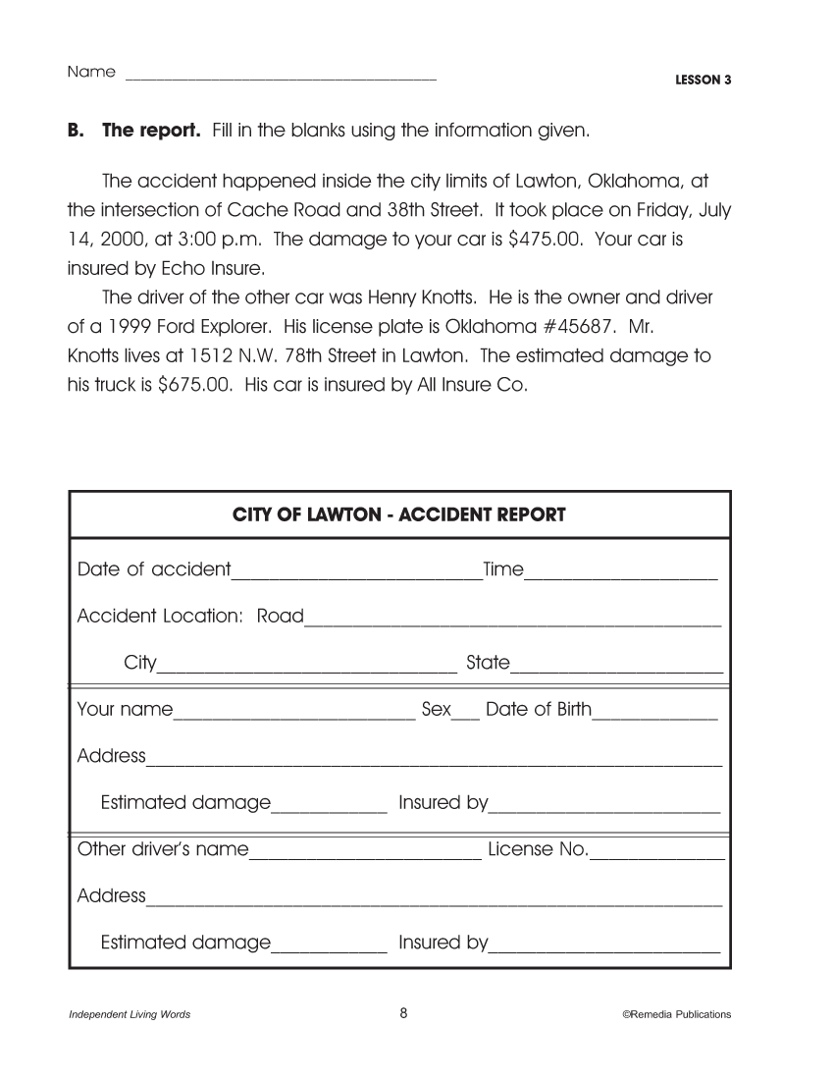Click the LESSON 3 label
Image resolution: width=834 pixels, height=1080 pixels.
pyautogui.click(x=704, y=81)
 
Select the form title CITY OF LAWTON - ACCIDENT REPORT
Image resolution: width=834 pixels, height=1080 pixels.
pyautogui.click(x=399, y=514)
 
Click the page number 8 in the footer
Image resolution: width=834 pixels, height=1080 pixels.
pyautogui.click(x=403, y=1014)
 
